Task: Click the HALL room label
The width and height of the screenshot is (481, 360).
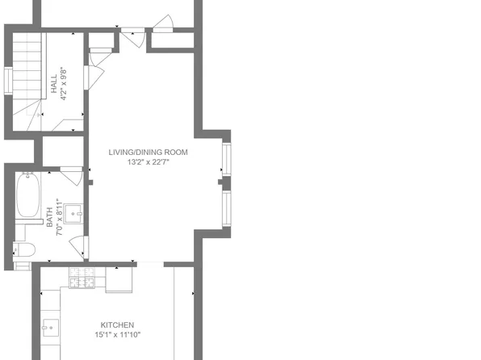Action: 54,86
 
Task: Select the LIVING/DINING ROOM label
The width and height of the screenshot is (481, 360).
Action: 148,152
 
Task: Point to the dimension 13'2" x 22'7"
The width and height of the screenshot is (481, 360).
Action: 148,161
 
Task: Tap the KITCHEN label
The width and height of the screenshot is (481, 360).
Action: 117,324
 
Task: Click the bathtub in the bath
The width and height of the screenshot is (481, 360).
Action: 29,196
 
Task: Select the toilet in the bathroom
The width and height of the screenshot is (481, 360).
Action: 23,249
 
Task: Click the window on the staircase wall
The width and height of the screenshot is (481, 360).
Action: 7,81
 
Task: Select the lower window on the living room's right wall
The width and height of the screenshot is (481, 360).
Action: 225,207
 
